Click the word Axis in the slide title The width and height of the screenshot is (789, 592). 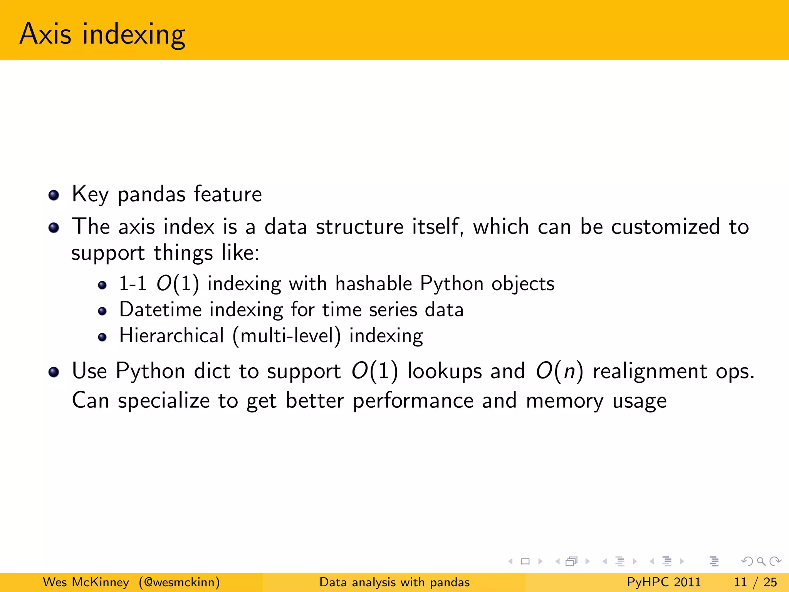45,34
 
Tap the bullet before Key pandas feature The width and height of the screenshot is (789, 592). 54,195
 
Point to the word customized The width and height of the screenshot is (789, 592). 665,227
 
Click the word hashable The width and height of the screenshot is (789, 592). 374,284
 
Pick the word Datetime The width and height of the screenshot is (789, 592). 160,309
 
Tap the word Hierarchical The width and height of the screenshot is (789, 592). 171,335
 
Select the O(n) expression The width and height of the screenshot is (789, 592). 559,371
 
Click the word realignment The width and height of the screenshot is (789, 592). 650,372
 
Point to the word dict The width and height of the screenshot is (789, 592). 212,371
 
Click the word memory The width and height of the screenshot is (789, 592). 564,401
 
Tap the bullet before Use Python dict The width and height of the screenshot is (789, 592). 54,372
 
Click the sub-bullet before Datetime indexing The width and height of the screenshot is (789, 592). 102,311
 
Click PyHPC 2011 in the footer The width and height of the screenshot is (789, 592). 663,582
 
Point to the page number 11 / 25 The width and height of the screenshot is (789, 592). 755,582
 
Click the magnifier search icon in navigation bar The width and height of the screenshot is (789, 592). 761,562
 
